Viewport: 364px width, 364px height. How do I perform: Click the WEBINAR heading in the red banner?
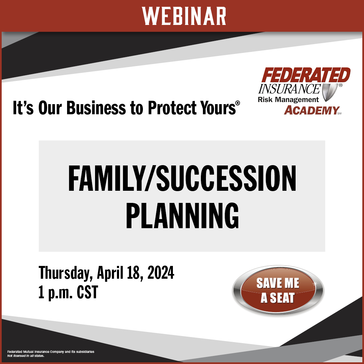(184, 16)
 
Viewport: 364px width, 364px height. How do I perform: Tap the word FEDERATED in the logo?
(306, 75)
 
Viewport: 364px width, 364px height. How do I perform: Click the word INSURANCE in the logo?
(289, 89)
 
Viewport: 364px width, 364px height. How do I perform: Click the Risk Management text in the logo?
(288, 100)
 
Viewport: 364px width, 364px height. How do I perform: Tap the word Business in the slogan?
(96, 108)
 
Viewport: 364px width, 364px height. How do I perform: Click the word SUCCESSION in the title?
(226, 178)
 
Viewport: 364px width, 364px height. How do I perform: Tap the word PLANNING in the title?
(182, 216)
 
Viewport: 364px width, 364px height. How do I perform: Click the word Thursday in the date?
(64, 273)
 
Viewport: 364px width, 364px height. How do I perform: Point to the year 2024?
(161, 273)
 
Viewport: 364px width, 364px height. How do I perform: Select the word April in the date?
(110, 273)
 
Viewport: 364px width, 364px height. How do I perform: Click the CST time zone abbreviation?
(87, 292)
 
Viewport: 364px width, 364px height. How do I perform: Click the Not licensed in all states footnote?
(26, 356)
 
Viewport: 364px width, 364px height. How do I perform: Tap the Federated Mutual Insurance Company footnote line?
(51, 352)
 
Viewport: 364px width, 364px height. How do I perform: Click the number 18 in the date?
(133, 273)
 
